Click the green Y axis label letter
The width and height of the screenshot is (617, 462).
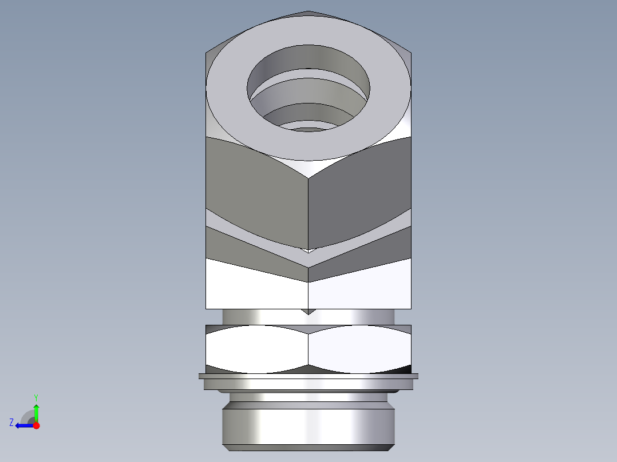pyautogui.click(x=35, y=397)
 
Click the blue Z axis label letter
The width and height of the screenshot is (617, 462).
pyautogui.click(x=11, y=423)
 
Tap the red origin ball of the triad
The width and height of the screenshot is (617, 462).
pyautogui.click(x=36, y=425)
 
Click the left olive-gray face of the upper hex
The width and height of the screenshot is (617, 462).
pyautogui.click(x=258, y=194)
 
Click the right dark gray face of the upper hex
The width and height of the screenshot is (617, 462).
pyautogui.click(x=361, y=194)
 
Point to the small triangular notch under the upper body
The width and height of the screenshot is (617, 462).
pyautogui.click(x=308, y=312)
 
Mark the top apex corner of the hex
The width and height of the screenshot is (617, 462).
pyautogui.click(x=308, y=11)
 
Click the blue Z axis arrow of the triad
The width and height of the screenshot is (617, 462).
pyautogui.click(x=23, y=425)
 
